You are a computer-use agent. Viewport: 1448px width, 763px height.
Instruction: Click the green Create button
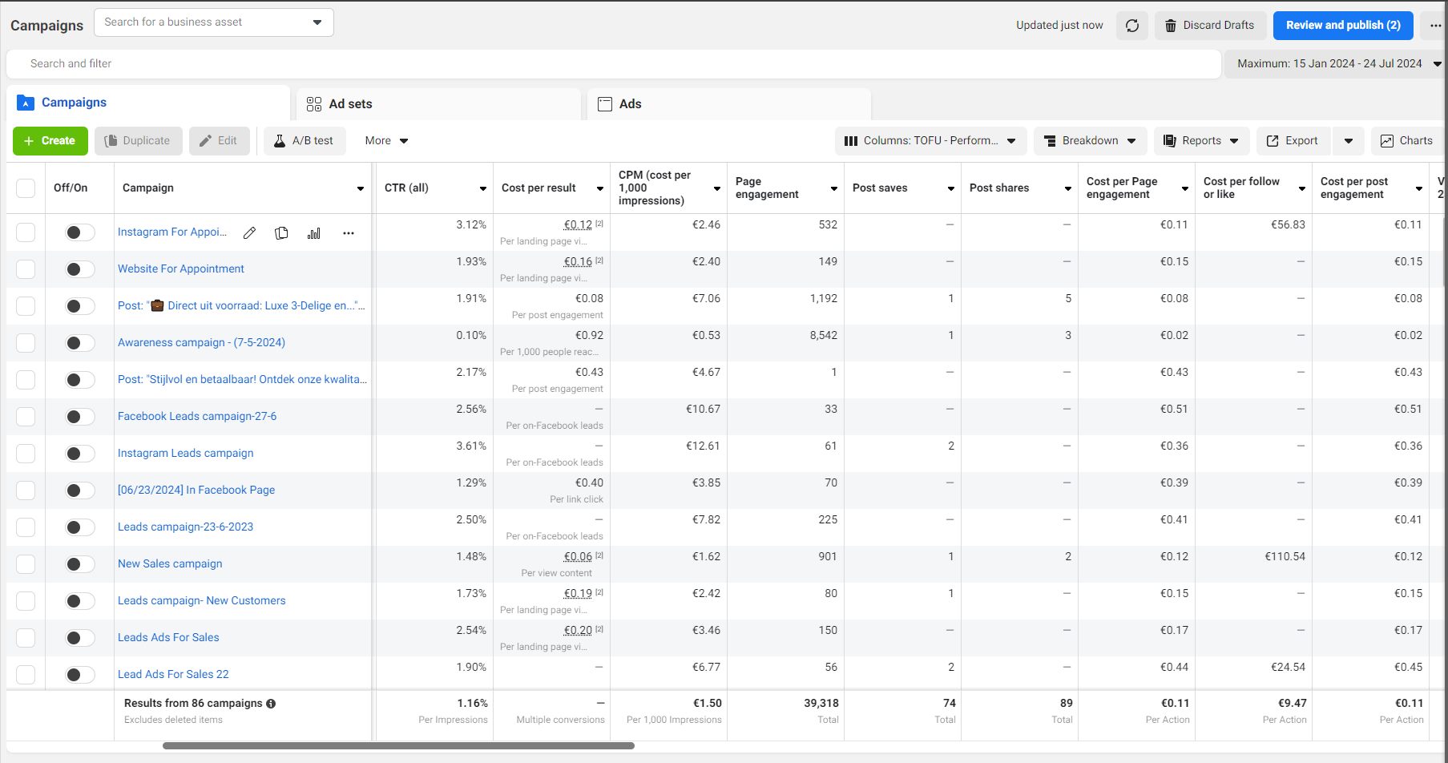click(x=50, y=141)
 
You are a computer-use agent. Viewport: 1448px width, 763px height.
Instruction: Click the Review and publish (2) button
click(x=1343, y=26)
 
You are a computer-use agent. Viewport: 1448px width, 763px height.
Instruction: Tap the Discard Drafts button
click(x=1210, y=26)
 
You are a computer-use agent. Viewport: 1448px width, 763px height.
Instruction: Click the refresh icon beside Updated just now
click(x=1132, y=26)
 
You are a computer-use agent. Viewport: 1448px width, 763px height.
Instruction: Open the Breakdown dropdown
click(x=1091, y=141)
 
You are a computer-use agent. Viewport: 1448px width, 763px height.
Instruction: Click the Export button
click(x=1293, y=141)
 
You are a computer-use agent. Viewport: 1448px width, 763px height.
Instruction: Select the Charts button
click(x=1407, y=141)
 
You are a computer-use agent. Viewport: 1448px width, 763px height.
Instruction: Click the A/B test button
click(x=304, y=141)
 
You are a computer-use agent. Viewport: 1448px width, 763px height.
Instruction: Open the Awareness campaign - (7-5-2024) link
click(x=201, y=342)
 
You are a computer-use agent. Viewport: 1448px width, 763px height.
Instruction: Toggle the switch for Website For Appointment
click(x=79, y=269)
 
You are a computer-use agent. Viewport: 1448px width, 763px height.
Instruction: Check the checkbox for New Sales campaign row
click(x=26, y=564)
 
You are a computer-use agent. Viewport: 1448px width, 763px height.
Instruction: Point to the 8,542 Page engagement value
click(x=823, y=336)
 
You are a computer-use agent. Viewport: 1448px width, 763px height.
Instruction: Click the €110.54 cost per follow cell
click(x=1285, y=557)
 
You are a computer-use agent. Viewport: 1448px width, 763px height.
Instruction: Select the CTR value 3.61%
click(x=471, y=446)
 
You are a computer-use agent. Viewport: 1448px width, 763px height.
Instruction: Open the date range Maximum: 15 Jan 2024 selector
click(x=1334, y=64)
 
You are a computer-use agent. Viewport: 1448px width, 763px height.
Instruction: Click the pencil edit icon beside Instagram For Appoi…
click(x=250, y=233)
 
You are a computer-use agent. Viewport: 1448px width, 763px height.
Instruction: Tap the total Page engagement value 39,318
click(x=821, y=704)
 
